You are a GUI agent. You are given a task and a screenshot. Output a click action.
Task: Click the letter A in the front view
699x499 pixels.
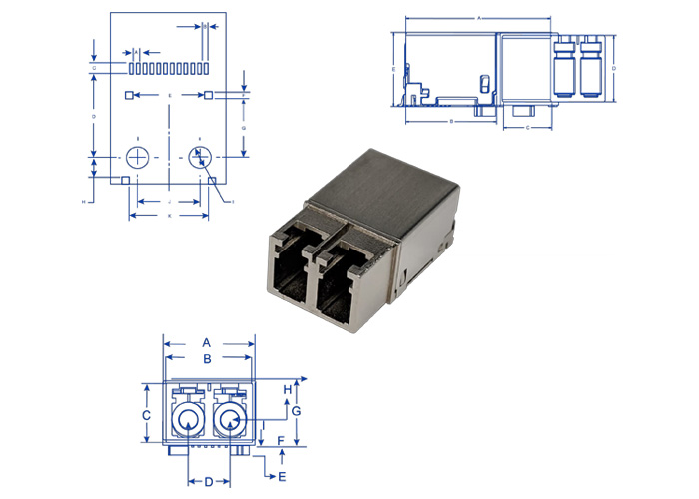(x=207, y=342)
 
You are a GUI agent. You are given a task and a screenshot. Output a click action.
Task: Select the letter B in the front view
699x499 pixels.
(x=207, y=358)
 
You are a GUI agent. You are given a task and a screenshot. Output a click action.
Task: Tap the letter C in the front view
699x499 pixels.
(x=146, y=414)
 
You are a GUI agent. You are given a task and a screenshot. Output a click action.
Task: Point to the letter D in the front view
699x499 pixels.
(x=208, y=482)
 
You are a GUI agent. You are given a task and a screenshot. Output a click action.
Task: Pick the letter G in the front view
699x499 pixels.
(x=296, y=411)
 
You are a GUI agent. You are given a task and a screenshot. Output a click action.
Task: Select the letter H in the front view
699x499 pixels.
(x=287, y=389)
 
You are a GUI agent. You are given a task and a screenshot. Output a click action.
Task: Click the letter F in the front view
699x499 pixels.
(x=281, y=440)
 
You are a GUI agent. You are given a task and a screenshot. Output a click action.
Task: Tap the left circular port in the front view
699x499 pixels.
(x=187, y=420)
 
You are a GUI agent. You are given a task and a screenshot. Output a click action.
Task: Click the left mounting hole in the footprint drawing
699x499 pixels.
(x=138, y=158)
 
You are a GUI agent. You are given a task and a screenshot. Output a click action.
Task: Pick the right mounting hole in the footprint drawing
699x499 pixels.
(x=200, y=158)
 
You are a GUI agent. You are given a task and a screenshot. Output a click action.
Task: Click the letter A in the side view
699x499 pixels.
(x=480, y=18)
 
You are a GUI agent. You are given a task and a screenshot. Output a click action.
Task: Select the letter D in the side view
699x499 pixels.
(x=613, y=68)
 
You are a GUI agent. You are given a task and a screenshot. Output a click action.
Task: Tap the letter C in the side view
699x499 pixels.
(x=527, y=128)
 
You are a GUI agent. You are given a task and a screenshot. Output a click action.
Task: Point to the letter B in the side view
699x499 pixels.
(x=452, y=121)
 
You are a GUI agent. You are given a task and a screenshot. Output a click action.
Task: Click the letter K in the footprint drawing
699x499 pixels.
(x=169, y=216)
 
